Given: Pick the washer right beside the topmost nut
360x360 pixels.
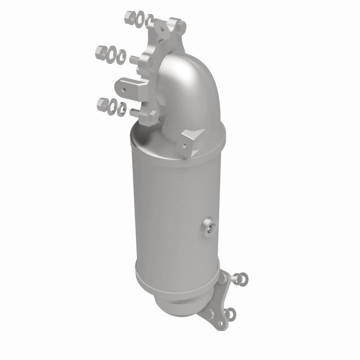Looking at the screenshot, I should pos(139,18).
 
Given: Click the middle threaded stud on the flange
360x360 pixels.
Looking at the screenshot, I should pos(134,59).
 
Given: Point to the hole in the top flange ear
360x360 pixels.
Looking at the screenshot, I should pos(161,28).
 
